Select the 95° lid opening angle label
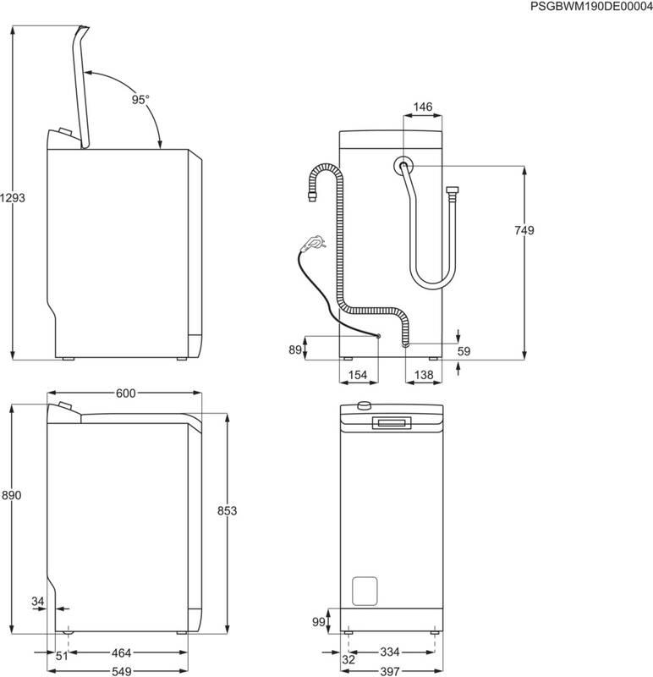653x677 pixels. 140,99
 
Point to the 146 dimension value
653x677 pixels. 423,107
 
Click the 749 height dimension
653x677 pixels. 524,230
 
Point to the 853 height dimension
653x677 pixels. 226,510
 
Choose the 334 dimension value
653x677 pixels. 391,654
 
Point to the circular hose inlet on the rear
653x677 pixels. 404,164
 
